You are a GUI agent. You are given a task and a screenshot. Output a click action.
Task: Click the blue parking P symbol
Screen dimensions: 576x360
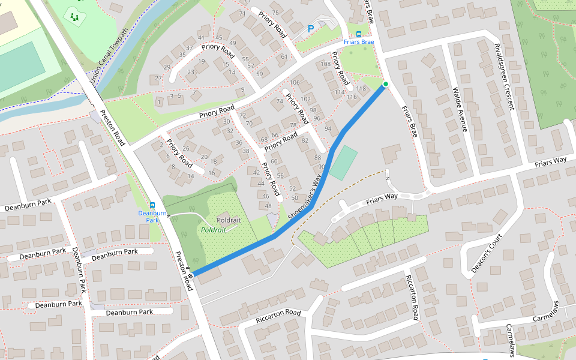(x=311, y=28)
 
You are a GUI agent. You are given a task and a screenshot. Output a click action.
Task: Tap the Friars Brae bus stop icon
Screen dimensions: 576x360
(x=359, y=34)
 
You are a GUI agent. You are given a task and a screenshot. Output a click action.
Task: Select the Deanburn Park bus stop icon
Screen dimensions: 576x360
(x=152, y=205)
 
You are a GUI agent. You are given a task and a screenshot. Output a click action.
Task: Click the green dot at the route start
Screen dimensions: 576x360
(x=385, y=84)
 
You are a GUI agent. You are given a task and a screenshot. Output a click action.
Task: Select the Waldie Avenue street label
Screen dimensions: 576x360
(x=459, y=108)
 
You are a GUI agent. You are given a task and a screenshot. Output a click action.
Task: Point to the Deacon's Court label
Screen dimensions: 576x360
(x=486, y=253)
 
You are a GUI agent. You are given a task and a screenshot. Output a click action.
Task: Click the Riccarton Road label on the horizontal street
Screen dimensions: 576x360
(x=277, y=313)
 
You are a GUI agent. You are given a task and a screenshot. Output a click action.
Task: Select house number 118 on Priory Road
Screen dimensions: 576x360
(x=361, y=89)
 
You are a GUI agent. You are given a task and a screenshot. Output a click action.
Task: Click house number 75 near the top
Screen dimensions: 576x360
(x=275, y=13)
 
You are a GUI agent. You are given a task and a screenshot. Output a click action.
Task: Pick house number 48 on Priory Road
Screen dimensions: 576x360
(x=268, y=206)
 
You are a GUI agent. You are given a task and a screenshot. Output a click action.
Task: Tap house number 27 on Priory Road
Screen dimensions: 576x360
(x=158, y=78)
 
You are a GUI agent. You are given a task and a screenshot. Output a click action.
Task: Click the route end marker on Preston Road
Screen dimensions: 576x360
(x=190, y=275)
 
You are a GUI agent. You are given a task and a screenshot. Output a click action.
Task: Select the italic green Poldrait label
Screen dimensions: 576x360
(x=213, y=230)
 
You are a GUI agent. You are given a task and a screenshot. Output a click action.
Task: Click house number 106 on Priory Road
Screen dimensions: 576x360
(x=294, y=82)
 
